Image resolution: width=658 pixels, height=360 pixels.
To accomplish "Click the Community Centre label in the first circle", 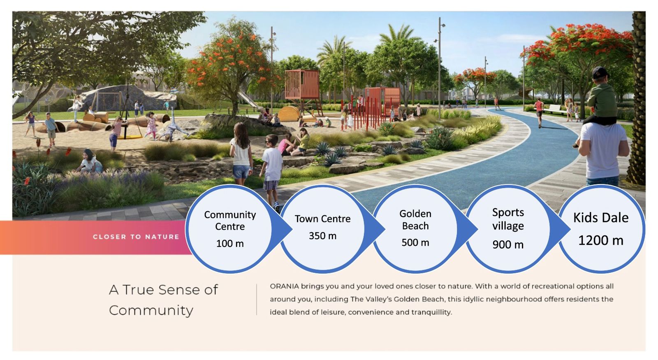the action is [230, 221].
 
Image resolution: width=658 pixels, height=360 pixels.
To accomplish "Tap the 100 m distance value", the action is [230, 243].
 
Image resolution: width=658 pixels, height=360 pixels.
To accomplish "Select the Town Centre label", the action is [322, 219].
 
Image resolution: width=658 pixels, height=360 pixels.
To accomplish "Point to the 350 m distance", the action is [322, 235].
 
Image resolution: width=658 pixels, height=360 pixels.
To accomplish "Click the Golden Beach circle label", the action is [415, 219].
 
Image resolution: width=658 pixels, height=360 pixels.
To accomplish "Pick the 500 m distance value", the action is [415, 242].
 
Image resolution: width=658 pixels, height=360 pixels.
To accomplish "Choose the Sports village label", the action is [508, 219].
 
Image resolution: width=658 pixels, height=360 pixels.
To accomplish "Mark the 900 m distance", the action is [508, 244].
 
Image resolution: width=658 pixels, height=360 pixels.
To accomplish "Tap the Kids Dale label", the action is [601, 218].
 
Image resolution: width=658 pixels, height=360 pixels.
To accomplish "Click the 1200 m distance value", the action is [601, 240].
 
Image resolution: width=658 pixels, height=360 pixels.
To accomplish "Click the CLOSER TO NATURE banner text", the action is [136, 237].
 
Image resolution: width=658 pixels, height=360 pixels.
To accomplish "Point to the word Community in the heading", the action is [151, 311].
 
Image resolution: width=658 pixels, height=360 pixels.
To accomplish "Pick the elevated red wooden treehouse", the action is [302, 88].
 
